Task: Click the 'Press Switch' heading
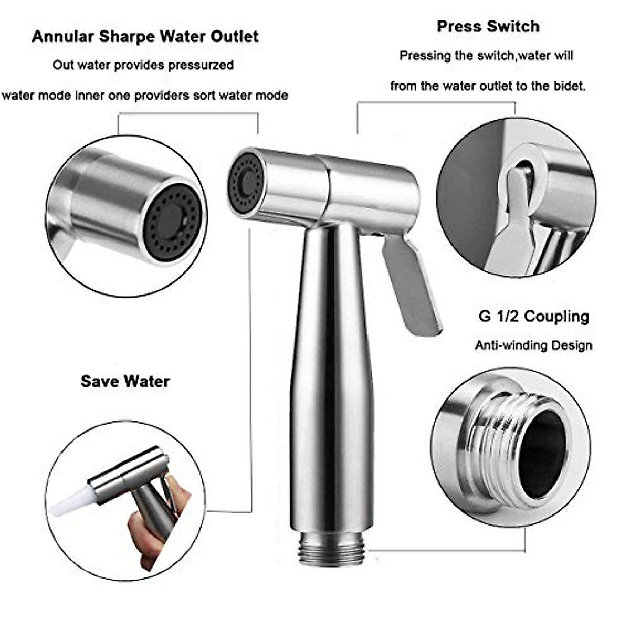coord(488,26)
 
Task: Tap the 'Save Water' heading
coord(125,381)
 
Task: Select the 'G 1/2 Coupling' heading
coord(533,317)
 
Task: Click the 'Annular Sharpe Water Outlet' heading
coord(145,36)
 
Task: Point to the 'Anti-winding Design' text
coord(533,345)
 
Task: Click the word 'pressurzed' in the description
coord(201,66)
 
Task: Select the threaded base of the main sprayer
coord(331,549)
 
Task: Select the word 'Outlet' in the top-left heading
coord(235,36)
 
